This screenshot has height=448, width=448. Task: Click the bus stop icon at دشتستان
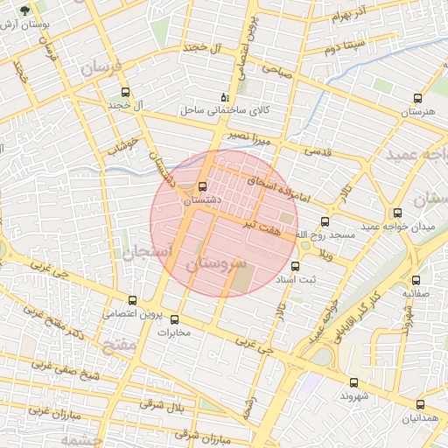click(203, 186)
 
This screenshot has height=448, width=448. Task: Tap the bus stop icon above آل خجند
click(125, 92)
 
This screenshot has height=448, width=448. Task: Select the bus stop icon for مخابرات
click(174, 319)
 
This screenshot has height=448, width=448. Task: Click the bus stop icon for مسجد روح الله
click(325, 221)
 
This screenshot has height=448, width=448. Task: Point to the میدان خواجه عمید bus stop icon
click(398, 213)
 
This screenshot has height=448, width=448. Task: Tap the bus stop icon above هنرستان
click(416, 99)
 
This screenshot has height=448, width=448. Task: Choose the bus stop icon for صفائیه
click(416, 280)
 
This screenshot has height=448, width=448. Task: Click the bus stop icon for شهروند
click(353, 382)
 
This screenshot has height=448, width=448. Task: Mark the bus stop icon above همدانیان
click(420, 404)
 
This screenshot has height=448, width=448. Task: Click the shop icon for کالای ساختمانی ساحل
click(225, 97)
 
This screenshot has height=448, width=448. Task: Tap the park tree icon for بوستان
click(24, 10)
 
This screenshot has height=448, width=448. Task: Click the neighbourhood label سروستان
click(213, 263)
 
